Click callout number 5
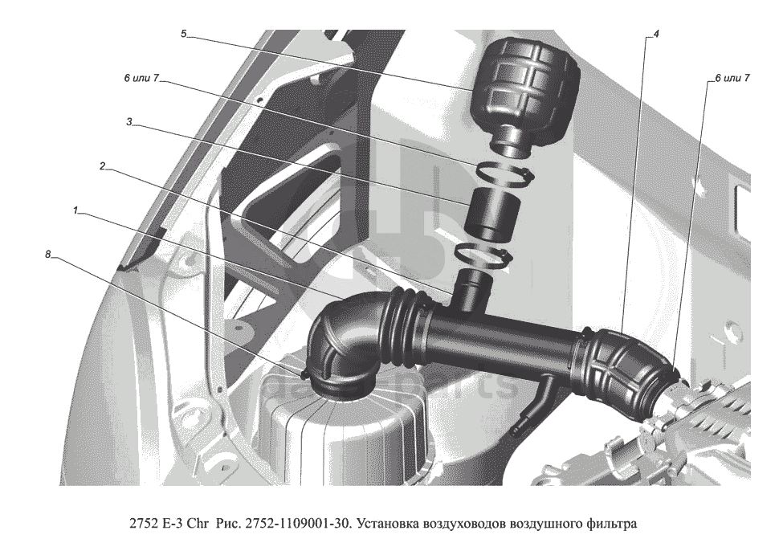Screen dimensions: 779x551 tap(183, 35)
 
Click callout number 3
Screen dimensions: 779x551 tap(128, 122)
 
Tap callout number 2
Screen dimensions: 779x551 tap(102, 166)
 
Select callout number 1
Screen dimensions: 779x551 tap(75, 210)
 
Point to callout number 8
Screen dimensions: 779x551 tap(47, 255)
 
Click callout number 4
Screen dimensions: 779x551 tap(656, 35)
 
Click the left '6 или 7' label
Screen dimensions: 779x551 tap(141, 79)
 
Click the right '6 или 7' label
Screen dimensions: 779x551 tap(732, 79)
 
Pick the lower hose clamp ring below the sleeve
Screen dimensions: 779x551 tap(483, 257)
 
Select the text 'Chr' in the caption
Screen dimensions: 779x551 tap(200, 523)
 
